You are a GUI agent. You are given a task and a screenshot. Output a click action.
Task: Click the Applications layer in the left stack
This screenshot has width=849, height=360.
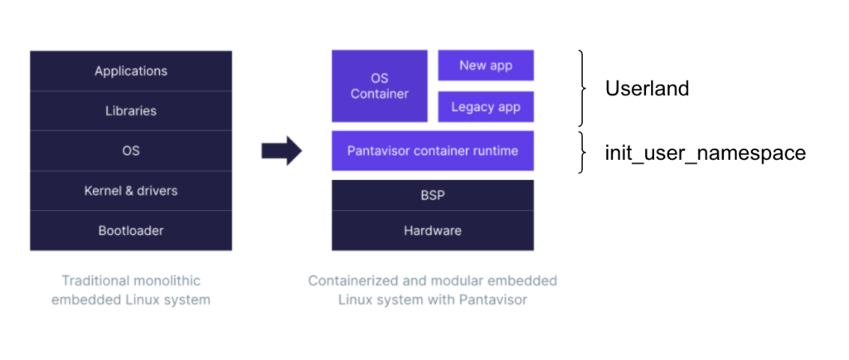(x=131, y=71)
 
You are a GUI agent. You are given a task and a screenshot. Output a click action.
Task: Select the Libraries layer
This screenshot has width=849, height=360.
(x=131, y=110)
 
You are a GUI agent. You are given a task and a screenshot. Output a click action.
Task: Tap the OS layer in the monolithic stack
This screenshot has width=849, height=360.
(x=131, y=150)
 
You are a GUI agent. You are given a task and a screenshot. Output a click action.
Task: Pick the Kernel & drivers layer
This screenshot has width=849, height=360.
(x=131, y=190)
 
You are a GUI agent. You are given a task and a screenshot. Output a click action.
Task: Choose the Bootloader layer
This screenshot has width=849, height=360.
(x=131, y=230)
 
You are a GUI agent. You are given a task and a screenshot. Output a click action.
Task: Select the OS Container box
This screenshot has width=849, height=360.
(x=379, y=85)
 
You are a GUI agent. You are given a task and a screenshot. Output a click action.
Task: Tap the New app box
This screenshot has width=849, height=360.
(x=486, y=65)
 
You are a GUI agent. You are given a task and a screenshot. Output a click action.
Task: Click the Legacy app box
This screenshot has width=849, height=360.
(x=486, y=107)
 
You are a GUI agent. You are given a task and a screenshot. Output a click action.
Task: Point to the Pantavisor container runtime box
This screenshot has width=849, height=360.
(x=432, y=151)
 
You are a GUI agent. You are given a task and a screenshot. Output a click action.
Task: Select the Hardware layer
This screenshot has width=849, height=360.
(x=432, y=230)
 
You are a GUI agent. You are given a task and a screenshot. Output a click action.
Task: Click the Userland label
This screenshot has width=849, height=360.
(x=647, y=88)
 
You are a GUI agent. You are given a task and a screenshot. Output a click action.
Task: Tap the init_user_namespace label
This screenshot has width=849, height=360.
(x=705, y=153)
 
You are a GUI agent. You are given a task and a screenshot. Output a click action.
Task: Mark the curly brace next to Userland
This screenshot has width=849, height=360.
(x=585, y=88)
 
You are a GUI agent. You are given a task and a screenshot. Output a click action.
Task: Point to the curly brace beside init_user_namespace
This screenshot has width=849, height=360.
(x=585, y=153)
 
